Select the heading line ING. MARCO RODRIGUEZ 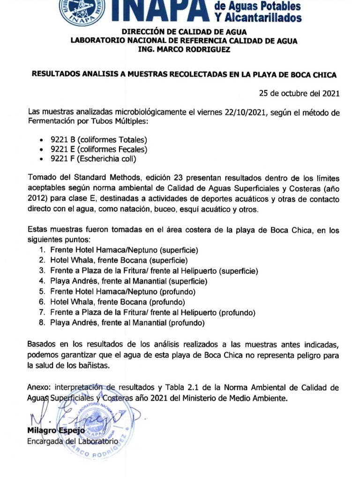tap(184, 50)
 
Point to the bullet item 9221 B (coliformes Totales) tap(98, 140)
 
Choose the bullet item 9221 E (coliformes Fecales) tap(99, 149)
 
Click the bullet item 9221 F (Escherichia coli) tap(93, 159)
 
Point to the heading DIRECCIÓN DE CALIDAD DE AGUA tap(183, 32)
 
